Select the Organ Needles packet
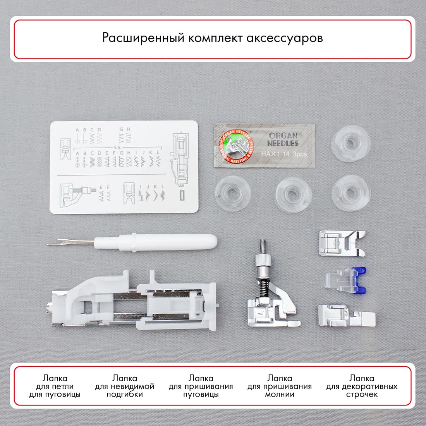click(x=264, y=145)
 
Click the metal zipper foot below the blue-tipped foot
click(x=345, y=316)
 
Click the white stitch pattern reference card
click(x=124, y=167)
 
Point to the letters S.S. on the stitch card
click(x=117, y=148)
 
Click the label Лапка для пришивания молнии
click(x=279, y=386)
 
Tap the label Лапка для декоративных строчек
click(x=361, y=386)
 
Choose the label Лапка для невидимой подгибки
click(x=124, y=386)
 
